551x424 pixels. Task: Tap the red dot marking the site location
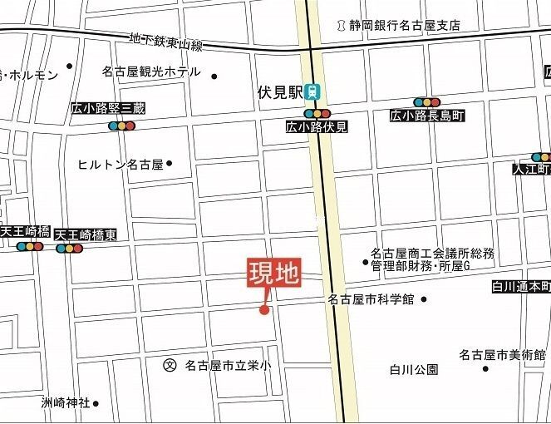coord(264,311)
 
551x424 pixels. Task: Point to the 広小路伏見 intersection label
coord(317,127)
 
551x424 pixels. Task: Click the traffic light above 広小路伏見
coord(317,113)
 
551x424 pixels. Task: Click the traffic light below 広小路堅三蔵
coord(121,126)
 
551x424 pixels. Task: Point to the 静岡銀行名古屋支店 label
coord(404,26)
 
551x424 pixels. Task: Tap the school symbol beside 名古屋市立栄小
coord(170,364)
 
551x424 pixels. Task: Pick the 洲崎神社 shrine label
coord(66,403)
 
